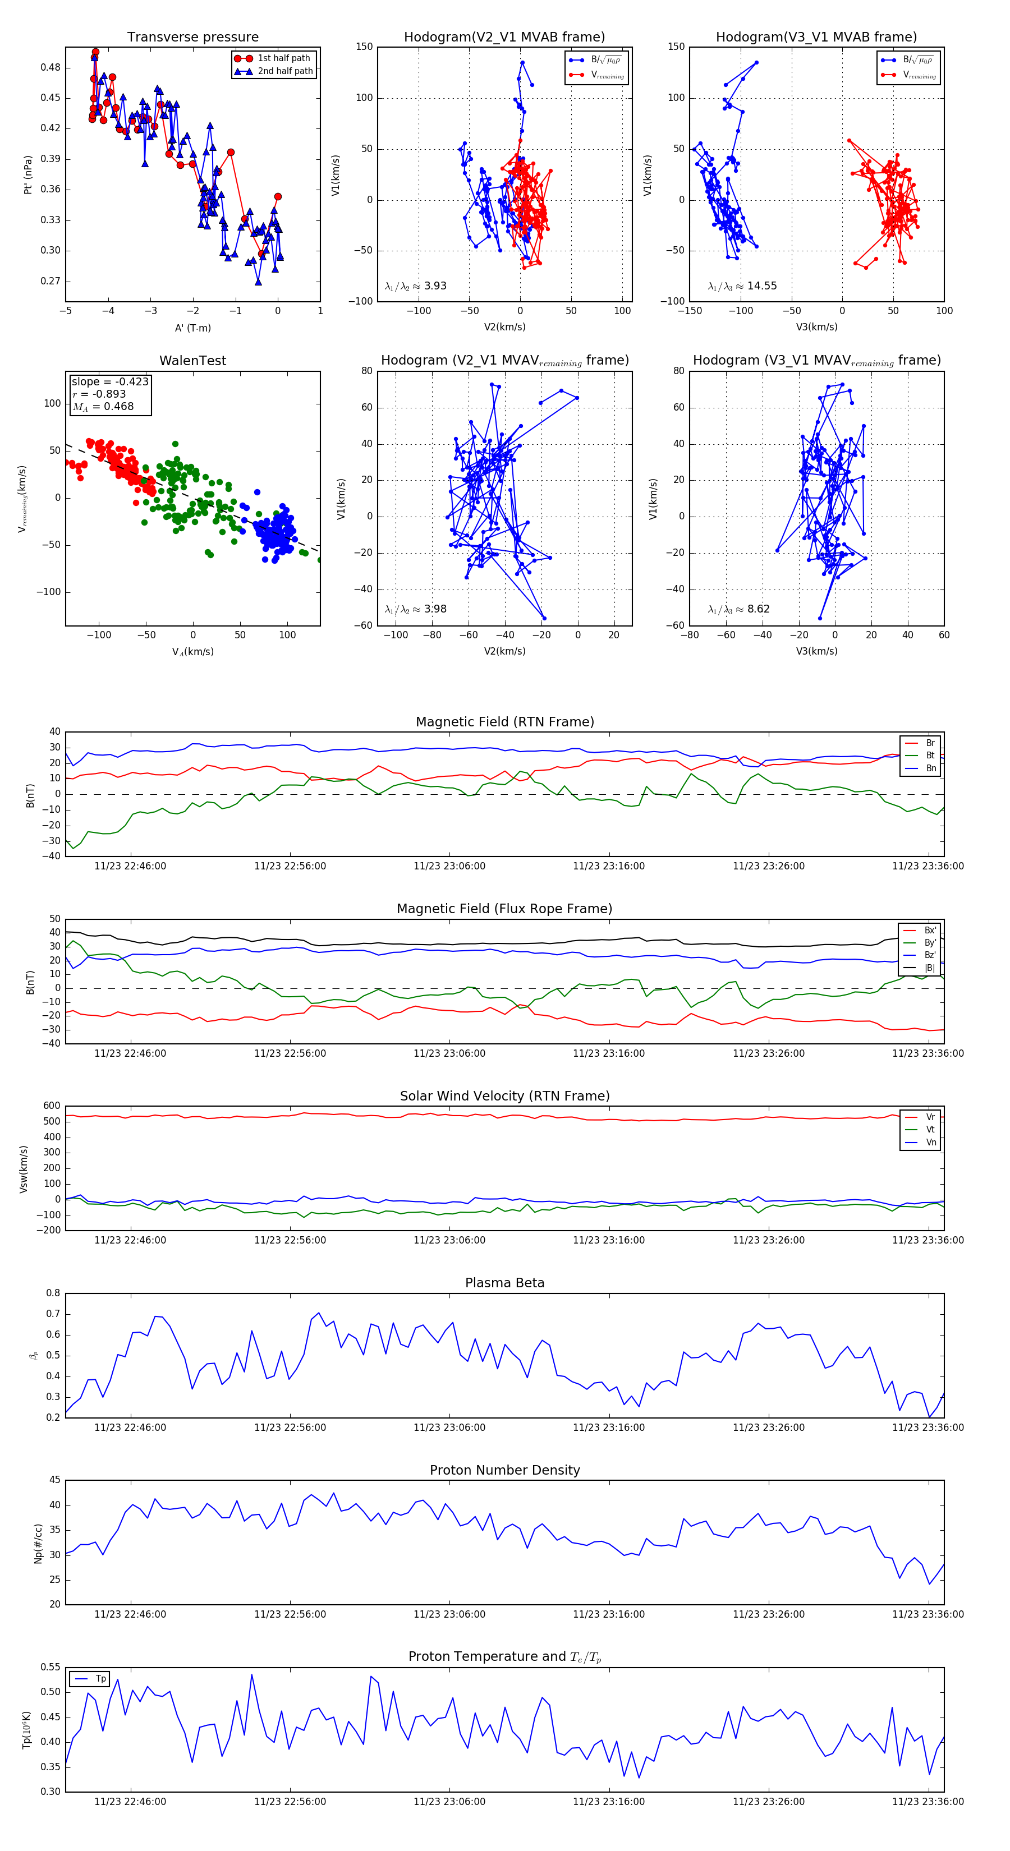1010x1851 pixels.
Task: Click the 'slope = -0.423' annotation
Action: pyautogui.click(x=110, y=381)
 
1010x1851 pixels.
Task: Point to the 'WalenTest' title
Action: pyautogui.click(x=192, y=361)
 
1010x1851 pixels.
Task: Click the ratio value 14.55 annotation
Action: pyautogui.click(x=762, y=286)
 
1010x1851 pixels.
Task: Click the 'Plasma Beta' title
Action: pyautogui.click(x=504, y=1283)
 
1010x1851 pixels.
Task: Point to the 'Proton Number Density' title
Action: pyautogui.click(x=504, y=1470)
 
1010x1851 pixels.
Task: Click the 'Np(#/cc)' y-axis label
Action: pyautogui.click(x=38, y=1544)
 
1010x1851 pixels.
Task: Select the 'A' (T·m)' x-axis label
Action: pyautogui.click(x=192, y=328)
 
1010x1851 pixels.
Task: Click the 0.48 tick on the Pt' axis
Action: pyautogui.click(x=50, y=67)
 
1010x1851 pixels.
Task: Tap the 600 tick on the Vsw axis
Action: pyautogui.click(x=52, y=1106)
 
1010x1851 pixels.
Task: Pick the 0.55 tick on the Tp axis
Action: pyautogui.click(x=50, y=1667)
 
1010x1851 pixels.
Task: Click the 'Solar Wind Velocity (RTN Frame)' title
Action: pyautogui.click(x=504, y=1096)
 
